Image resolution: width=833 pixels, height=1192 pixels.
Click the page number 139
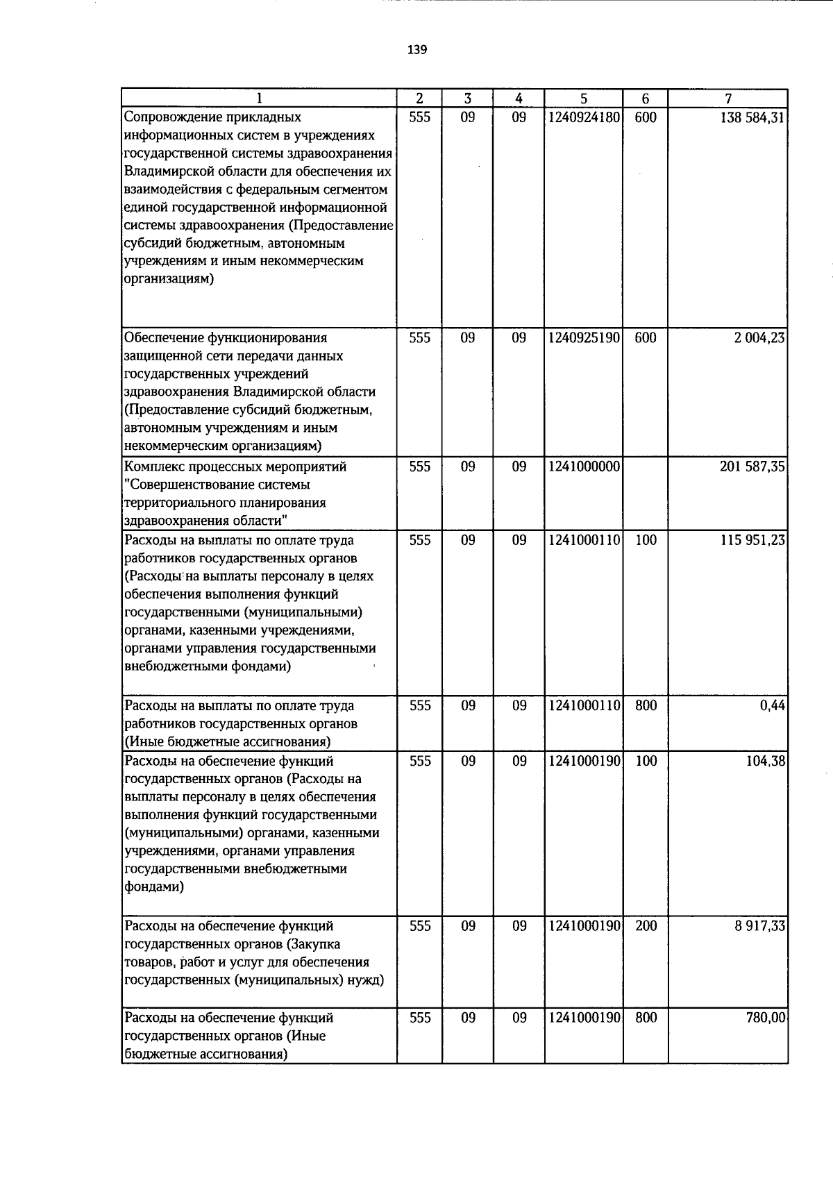(417, 50)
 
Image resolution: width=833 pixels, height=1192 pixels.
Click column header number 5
(584, 99)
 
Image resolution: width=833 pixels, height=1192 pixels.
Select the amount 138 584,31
(752, 117)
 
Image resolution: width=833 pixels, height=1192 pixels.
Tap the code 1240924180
(583, 117)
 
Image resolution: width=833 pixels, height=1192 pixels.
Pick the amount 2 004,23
(760, 338)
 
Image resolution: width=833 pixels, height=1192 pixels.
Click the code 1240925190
(583, 338)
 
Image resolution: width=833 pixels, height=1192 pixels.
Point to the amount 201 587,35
(752, 467)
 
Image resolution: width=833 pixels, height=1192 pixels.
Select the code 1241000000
(583, 467)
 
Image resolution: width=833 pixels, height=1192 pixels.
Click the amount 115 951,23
(752, 540)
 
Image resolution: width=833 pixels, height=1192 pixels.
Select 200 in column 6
(646, 926)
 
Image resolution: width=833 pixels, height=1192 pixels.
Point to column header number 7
(728, 99)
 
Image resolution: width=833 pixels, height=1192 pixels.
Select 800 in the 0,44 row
(646, 705)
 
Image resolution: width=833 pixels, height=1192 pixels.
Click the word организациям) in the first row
(169, 279)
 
